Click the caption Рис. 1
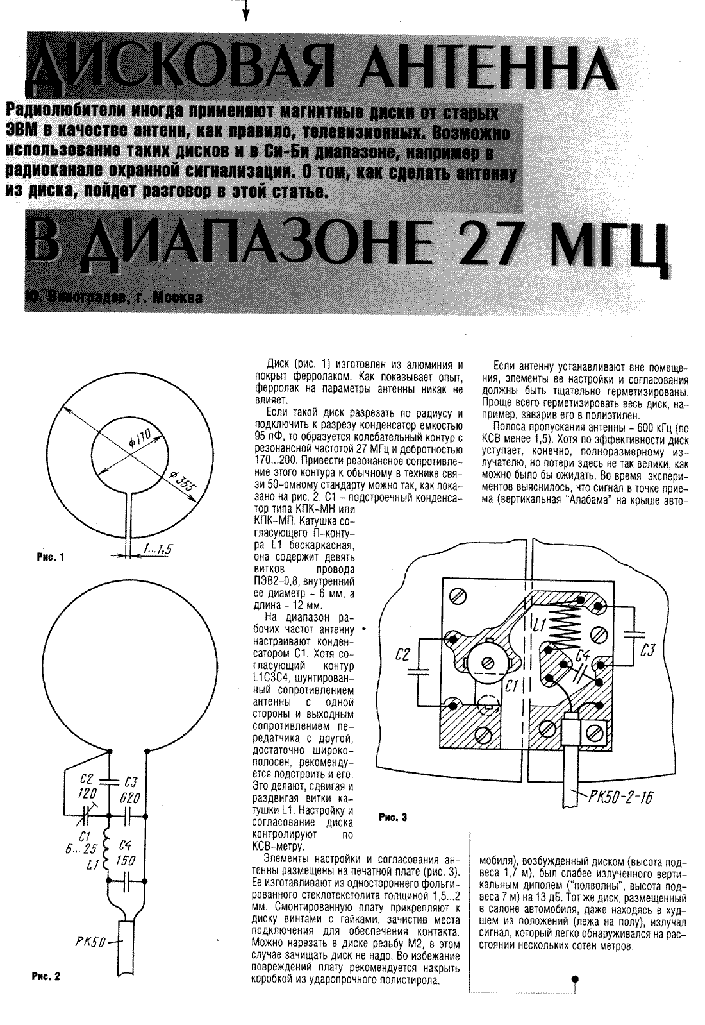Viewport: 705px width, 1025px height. pyautogui.click(x=51, y=557)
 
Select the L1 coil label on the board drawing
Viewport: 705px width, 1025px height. pyautogui.click(x=539, y=623)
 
